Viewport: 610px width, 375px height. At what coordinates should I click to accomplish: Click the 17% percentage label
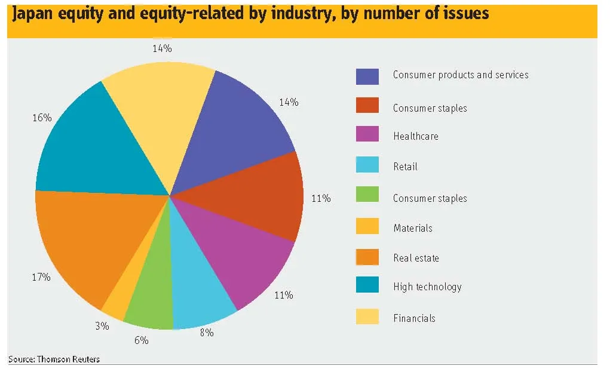pyautogui.click(x=41, y=277)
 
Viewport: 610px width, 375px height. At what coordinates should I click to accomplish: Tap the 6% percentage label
pyautogui.click(x=142, y=340)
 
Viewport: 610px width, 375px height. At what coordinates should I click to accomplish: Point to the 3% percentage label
pyautogui.click(x=102, y=326)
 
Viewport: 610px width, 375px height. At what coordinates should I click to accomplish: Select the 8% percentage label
pyautogui.click(x=207, y=333)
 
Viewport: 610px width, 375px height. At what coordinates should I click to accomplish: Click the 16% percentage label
pyautogui.click(x=42, y=118)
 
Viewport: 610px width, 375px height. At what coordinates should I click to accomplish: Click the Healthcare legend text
pyautogui.click(x=416, y=136)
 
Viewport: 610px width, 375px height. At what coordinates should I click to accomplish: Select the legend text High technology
pyautogui.click(x=428, y=287)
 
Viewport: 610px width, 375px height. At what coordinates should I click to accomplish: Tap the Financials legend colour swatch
pyautogui.click(x=367, y=316)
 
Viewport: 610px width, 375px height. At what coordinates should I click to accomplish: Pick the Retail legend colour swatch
pyautogui.click(x=367, y=165)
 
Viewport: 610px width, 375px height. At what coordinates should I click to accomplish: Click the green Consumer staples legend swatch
pyautogui.click(x=367, y=194)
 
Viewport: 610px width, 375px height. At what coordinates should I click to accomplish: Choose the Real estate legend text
pyautogui.click(x=416, y=258)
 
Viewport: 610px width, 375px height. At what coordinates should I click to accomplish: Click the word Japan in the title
pyautogui.click(x=33, y=14)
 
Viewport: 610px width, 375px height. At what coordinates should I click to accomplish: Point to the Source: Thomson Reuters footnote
pyautogui.click(x=54, y=359)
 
